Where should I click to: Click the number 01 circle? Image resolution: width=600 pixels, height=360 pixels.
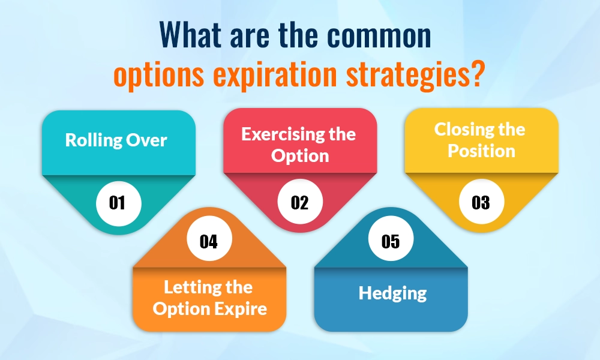pyautogui.click(x=118, y=202)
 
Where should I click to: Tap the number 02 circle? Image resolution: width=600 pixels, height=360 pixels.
pyautogui.click(x=299, y=202)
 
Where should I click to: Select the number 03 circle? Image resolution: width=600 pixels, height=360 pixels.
pyautogui.click(x=481, y=202)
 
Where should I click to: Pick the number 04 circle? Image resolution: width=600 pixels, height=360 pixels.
pyautogui.click(x=208, y=241)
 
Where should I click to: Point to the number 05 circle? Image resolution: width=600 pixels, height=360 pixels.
pyautogui.click(x=391, y=241)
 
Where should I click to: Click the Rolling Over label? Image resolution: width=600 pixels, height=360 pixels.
pyautogui.click(x=116, y=140)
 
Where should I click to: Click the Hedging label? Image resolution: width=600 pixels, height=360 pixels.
pyautogui.click(x=392, y=293)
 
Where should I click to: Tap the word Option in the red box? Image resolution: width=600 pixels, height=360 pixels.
pyautogui.click(x=300, y=156)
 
